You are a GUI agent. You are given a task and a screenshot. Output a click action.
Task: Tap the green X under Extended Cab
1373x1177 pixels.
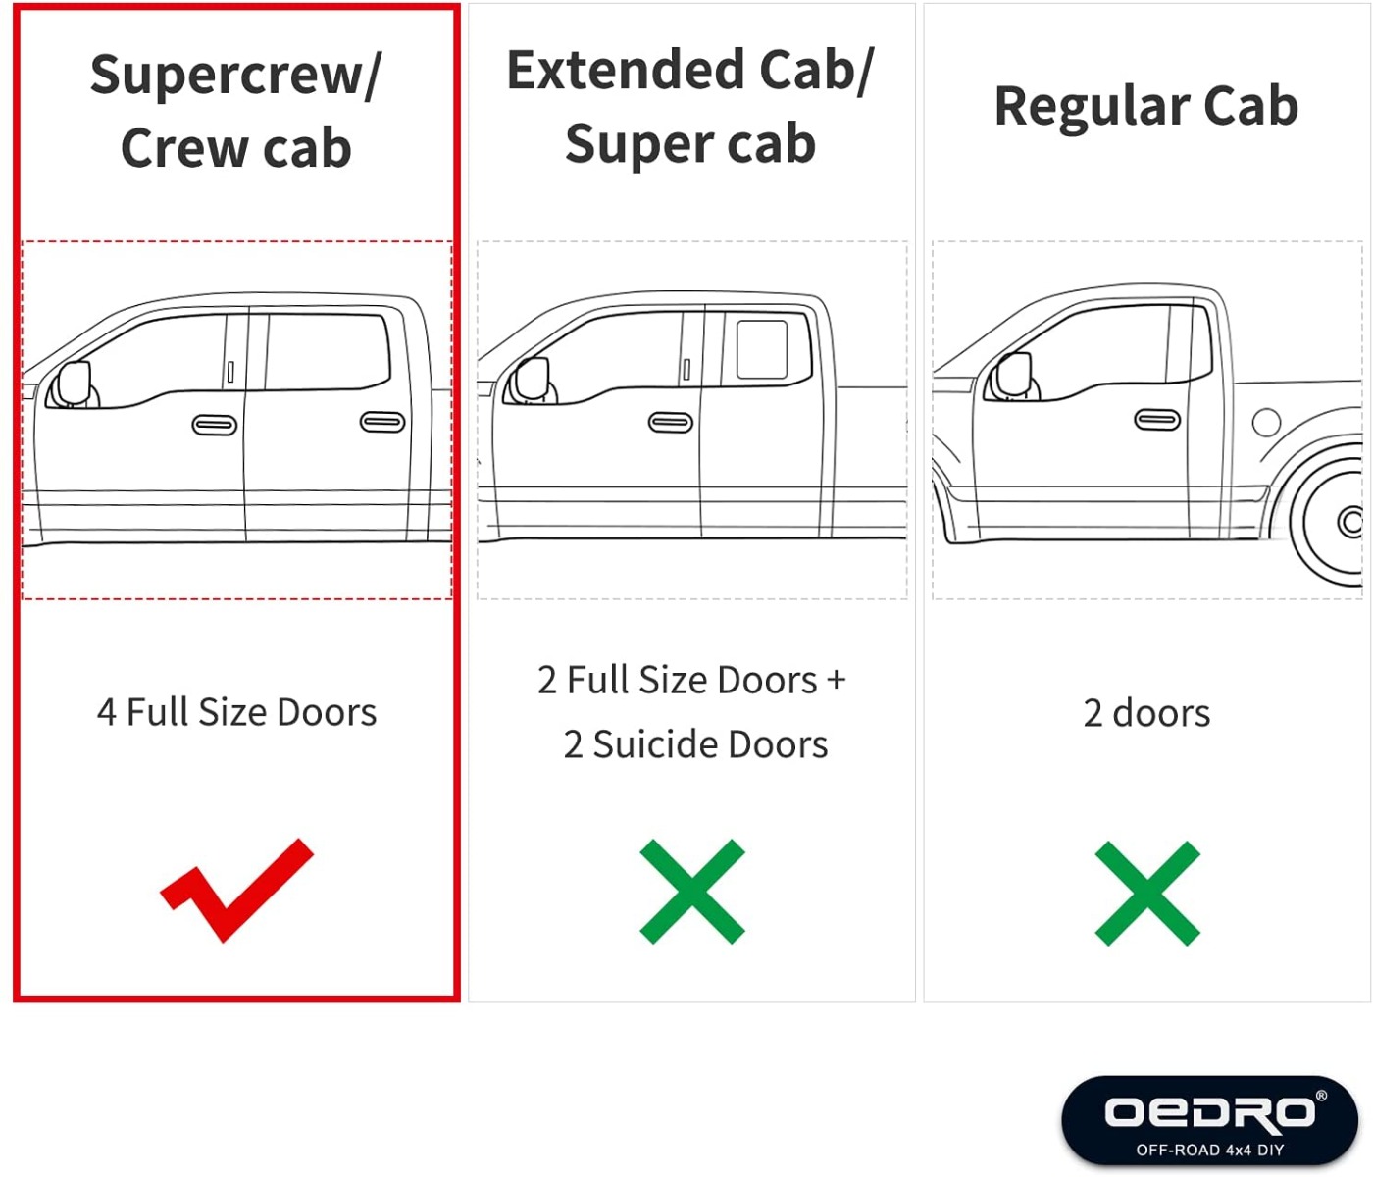coord(691,892)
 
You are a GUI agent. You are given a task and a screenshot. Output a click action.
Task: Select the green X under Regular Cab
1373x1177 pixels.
coord(1147,893)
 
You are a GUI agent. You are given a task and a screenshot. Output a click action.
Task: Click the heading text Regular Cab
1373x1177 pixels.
coord(1146,106)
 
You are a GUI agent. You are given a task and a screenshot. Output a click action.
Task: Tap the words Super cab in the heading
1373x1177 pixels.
coord(690,143)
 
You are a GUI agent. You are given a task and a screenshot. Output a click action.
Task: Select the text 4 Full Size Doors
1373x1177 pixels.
coord(236,712)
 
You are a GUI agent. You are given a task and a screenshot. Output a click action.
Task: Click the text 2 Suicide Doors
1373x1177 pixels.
coord(695,743)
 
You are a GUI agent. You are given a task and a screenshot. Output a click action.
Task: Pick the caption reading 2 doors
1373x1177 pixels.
coord(1146,713)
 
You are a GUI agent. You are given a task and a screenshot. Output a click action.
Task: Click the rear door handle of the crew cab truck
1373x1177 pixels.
coord(382,422)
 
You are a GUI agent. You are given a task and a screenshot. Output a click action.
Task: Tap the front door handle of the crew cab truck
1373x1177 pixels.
coord(215,425)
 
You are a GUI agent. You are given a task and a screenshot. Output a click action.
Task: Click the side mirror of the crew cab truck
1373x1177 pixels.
coord(74,384)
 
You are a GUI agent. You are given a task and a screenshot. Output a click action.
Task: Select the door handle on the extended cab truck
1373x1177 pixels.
coord(670,423)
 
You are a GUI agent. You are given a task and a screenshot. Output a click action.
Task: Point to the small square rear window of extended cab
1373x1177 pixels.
coord(762,349)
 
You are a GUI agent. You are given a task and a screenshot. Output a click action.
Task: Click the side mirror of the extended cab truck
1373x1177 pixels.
coord(533,379)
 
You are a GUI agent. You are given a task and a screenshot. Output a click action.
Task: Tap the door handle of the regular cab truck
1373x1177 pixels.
coord(1157,420)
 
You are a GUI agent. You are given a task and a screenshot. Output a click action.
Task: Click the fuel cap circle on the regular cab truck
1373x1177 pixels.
coord(1266,423)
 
